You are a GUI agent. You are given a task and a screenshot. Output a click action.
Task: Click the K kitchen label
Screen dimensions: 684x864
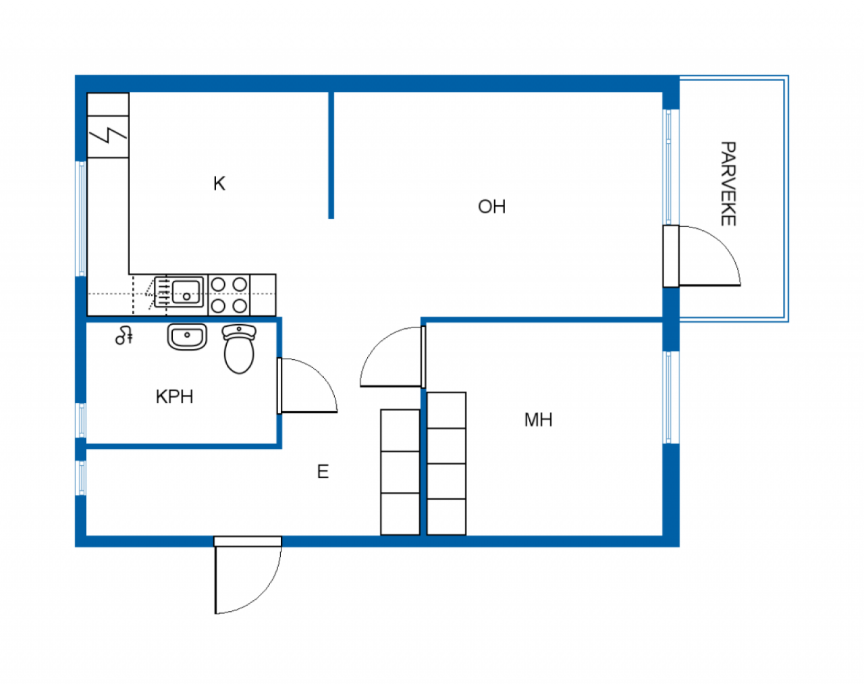(x=219, y=184)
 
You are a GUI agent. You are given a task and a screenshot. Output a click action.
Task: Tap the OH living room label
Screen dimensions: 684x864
(x=491, y=207)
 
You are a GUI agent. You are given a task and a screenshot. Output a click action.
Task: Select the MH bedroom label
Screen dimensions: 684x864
(x=538, y=420)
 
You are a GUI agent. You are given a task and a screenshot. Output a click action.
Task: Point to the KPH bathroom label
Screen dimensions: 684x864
(x=174, y=397)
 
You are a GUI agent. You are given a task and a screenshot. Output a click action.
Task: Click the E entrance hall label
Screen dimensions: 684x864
(x=323, y=471)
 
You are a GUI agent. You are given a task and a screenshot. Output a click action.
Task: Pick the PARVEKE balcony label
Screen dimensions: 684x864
(x=728, y=184)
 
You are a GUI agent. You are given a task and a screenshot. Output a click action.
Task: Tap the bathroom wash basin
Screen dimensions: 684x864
(x=187, y=336)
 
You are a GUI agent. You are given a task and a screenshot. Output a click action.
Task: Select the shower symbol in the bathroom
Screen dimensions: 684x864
(x=124, y=335)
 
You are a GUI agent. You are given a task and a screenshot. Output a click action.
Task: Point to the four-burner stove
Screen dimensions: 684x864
(x=229, y=295)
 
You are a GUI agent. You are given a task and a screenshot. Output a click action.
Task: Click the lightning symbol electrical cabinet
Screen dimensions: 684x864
(x=108, y=135)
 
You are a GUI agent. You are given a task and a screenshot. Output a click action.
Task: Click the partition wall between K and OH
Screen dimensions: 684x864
(x=331, y=155)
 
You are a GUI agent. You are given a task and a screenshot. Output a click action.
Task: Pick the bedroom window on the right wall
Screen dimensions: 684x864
(x=668, y=397)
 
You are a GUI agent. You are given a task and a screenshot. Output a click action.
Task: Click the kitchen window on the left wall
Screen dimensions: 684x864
(x=82, y=218)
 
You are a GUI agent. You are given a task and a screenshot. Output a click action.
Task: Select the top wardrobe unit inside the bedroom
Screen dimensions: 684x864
(x=446, y=410)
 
